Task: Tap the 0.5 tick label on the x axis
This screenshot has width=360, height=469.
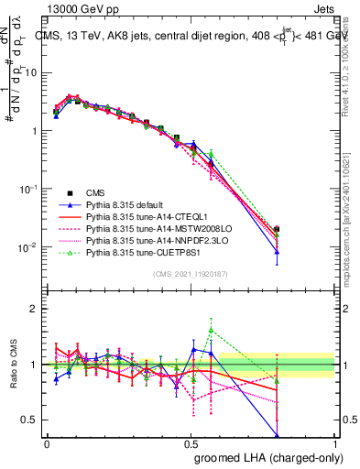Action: pyautogui.click(x=191, y=442)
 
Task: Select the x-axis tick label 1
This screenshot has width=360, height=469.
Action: pyautogui.click(x=334, y=442)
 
